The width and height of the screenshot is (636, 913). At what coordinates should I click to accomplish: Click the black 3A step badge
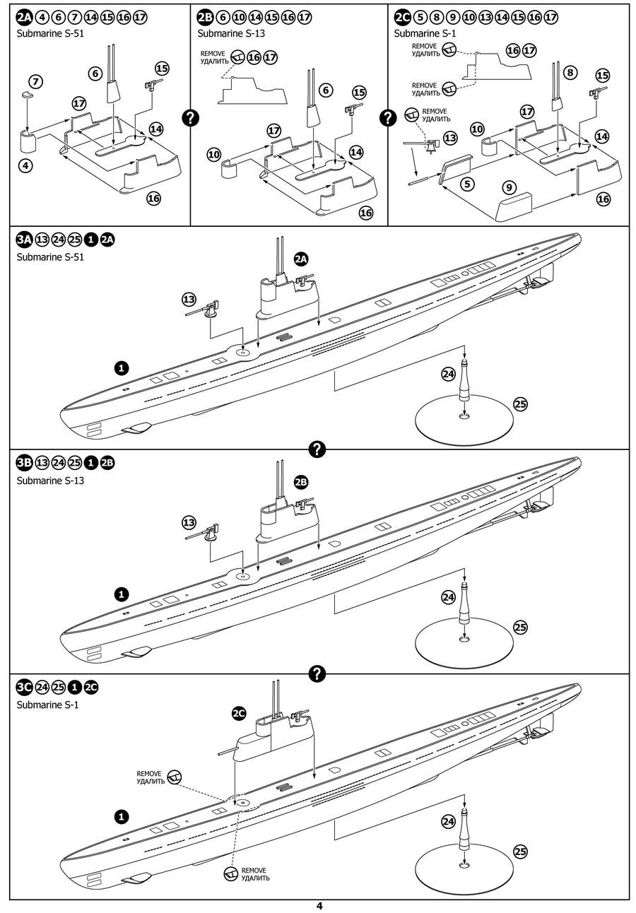coord(24,240)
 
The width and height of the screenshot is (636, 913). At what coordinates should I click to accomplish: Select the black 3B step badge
coord(24,464)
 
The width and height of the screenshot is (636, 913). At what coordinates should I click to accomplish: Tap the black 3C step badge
coord(24,687)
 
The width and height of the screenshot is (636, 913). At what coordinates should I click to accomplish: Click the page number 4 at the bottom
coord(319,906)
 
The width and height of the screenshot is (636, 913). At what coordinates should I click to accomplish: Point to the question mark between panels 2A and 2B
coord(190,118)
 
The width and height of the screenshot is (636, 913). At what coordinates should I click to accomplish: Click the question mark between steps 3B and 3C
coord(317,674)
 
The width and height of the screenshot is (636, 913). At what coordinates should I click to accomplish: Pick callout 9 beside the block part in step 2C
coord(509,187)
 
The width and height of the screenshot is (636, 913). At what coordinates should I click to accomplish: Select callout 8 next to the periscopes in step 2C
coord(571,72)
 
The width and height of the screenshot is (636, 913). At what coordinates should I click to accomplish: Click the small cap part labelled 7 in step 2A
coord(27,94)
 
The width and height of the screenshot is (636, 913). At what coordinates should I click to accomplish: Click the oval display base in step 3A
coord(463,418)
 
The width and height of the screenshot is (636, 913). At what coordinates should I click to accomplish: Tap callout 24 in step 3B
coord(447,598)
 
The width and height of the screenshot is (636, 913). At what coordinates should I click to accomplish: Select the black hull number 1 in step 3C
coord(122,816)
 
